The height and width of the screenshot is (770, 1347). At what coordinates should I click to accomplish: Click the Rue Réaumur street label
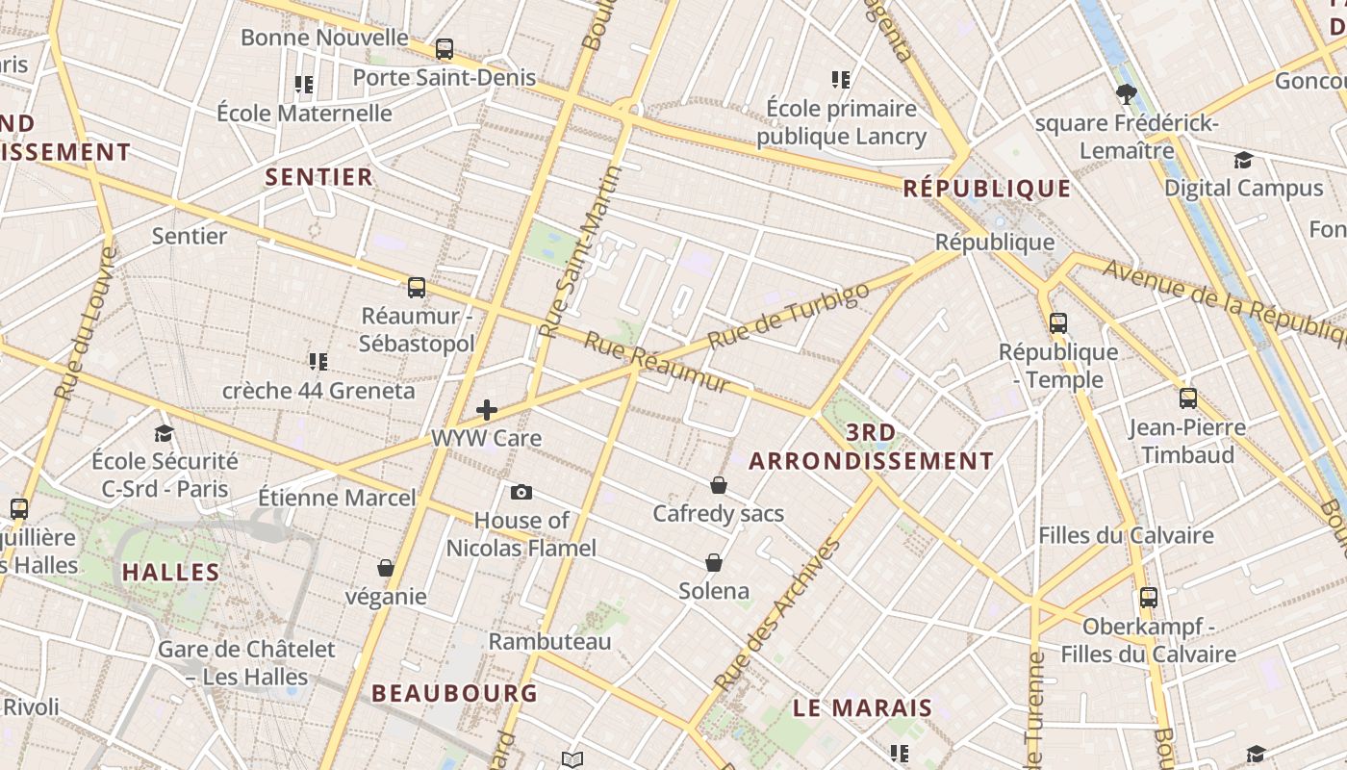click(x=657, y=364)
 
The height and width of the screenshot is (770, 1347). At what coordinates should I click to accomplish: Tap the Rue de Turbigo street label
click(x=788, y=317)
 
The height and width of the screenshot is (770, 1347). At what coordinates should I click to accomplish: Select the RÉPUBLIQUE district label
click(x=987, y=188)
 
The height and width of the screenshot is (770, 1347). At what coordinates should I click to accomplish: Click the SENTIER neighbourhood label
click(x=318, y=176)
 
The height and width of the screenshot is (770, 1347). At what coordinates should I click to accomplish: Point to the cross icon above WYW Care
click(x=487, y=411)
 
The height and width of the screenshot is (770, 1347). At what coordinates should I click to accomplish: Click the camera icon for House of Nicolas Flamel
click(x=521, y=493)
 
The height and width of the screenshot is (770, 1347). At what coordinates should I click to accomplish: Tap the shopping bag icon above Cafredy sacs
click(x=719, y=485)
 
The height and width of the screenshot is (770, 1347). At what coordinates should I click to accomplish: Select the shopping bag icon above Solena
click(x=714, y=562)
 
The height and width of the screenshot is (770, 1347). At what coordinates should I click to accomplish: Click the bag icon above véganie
click(x=386, y=568)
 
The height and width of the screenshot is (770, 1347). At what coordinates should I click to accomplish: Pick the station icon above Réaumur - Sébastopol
click(x=417, y=287)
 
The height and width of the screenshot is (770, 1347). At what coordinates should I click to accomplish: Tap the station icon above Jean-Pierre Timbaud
click(x=1188, y=398)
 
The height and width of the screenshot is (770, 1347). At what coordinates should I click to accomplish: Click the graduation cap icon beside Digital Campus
click(x=1244, y=160)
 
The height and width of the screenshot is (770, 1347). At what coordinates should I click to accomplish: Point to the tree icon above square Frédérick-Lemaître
click(x=1126, y=94)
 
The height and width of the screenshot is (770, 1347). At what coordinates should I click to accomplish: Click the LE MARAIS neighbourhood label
click(x=863, y=708)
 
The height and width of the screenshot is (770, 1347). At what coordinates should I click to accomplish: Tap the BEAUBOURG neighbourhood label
click(x=455, y=693)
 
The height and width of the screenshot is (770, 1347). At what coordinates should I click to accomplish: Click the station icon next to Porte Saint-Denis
click(x=445, y=49)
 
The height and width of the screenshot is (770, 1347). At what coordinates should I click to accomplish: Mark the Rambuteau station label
click(x=550, y=641)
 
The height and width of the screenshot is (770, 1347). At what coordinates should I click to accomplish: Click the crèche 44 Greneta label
click(x=318, y=391)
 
